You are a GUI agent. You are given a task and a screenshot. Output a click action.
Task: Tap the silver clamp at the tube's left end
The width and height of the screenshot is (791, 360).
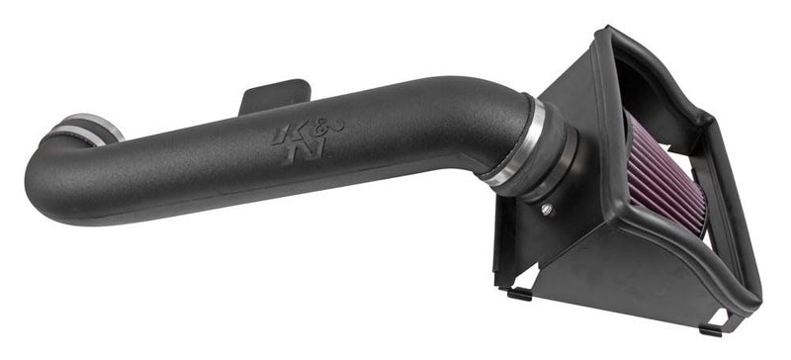pyautogui.click(x=94, y=129)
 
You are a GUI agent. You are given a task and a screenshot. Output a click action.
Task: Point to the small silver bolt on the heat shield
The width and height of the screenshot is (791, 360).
pyautogui.click(x=547, y=210)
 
